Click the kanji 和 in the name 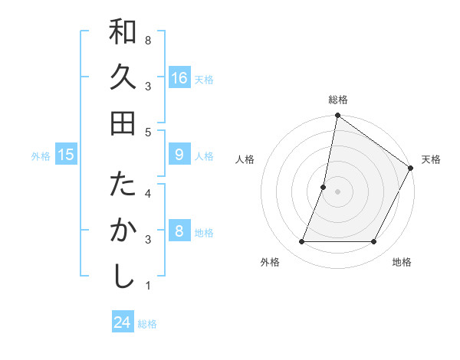(123, 32)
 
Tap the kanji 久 (123, 77)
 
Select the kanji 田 (123, 123)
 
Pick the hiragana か (123, 231)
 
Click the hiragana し (123, 276)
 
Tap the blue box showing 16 (179, 78)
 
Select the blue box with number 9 (179, 155)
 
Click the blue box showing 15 (67, 155)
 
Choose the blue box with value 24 (123, 322)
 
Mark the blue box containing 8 (179, 231)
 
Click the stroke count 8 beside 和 (148, 39)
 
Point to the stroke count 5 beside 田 (148, 132)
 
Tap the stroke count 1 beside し (148, 286)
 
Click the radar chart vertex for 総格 (337, 116)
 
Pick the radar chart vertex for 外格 (301, 242)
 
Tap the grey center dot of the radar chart (337, 191)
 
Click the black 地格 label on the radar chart (402, 262)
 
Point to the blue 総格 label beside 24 (147, 324)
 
